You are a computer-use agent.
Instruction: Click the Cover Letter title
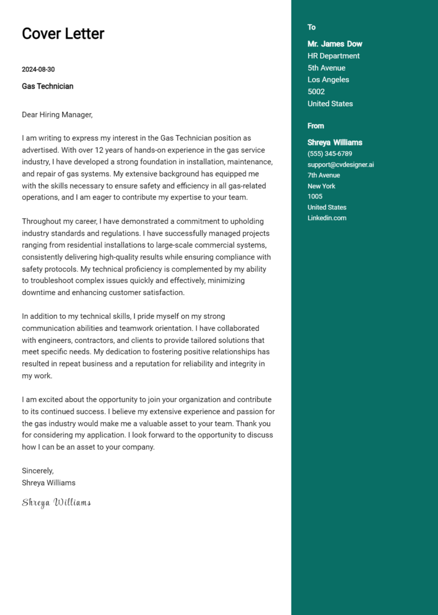point(63,34)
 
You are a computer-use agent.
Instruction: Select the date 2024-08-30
point(38,70)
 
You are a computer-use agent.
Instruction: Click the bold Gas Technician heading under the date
point(47,86)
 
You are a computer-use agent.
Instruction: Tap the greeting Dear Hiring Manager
point(57,115)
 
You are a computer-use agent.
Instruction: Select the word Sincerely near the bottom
point(38,471)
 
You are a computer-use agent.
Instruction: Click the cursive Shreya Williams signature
point(56,503)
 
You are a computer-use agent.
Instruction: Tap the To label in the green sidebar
point(311,27)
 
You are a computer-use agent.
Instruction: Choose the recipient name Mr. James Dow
point(335,44)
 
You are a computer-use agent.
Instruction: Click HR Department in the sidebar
point(334,56)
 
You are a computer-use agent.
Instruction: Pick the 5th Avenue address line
point(326,68)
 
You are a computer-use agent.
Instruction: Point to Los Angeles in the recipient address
point(328,80)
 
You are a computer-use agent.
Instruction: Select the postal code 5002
point(316,92)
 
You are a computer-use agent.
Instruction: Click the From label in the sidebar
point(315,126)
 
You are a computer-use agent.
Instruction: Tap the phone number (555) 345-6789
point(330,153)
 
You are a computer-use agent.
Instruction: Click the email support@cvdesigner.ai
point(340,164)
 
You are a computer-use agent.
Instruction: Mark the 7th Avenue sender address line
point(323,175)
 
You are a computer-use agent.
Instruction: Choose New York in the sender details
point(321,186)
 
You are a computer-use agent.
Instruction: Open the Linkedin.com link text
point(327,218)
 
